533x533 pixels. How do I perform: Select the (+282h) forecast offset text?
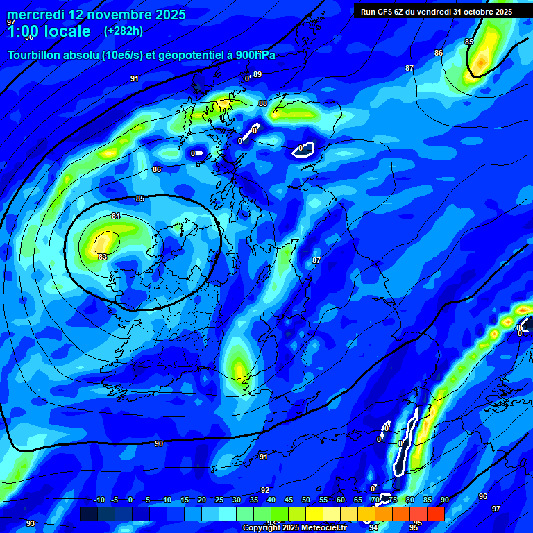point(124,31)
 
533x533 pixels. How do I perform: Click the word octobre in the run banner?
point(470,12)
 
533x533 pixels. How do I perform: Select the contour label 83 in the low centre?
point(103,257)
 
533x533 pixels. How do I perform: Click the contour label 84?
point(116,217)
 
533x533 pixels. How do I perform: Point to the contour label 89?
point(257,75)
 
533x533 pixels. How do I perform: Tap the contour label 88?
point(262,103)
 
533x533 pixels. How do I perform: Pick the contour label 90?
point(159,443)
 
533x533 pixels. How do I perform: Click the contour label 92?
point(265,490)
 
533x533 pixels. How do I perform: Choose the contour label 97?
point(496,509)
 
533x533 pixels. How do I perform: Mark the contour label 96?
point(483,496)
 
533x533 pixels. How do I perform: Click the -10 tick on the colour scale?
point(99,500)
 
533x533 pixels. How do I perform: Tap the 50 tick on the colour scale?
point(306,500)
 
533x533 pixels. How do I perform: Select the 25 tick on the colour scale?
point(219,500)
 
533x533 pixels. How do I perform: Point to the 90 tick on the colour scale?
point(445,500)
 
